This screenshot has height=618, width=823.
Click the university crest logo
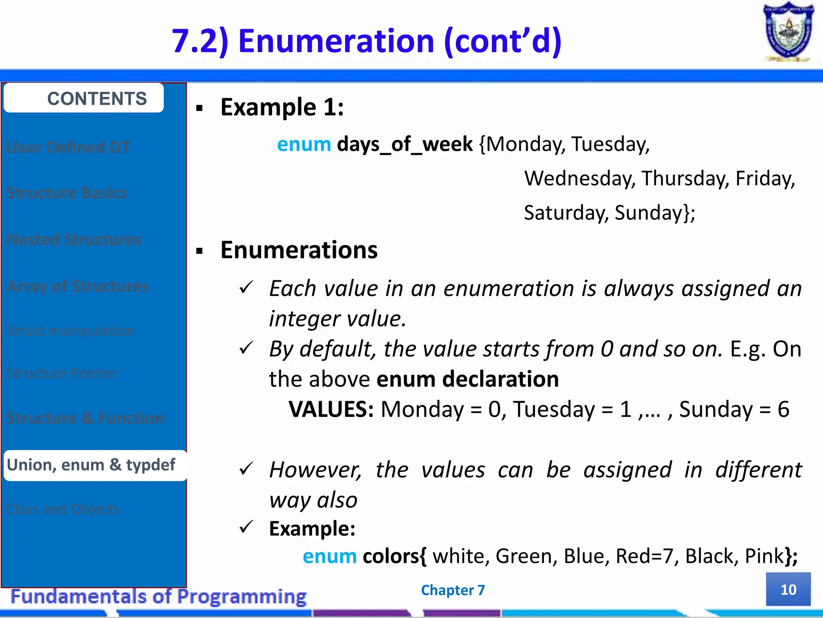788,32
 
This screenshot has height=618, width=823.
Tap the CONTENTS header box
84,98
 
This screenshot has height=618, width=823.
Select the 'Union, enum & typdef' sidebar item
92,465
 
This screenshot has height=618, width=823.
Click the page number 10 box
788,589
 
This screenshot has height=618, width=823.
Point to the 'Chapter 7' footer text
453,590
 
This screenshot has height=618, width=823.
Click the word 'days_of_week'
405,144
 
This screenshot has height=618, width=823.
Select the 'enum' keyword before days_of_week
304,144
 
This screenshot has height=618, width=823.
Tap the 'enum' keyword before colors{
330,556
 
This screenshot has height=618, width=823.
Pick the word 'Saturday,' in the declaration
566,212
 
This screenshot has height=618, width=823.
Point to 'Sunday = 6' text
734,409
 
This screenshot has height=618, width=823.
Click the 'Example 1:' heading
282,107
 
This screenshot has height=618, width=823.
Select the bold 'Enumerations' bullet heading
299,250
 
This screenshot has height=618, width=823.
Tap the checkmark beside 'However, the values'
246,469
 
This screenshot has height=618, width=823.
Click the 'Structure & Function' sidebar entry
85,418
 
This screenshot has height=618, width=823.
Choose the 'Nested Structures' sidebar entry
74,239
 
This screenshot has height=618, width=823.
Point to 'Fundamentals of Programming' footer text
159,596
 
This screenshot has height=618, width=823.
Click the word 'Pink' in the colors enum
764,556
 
